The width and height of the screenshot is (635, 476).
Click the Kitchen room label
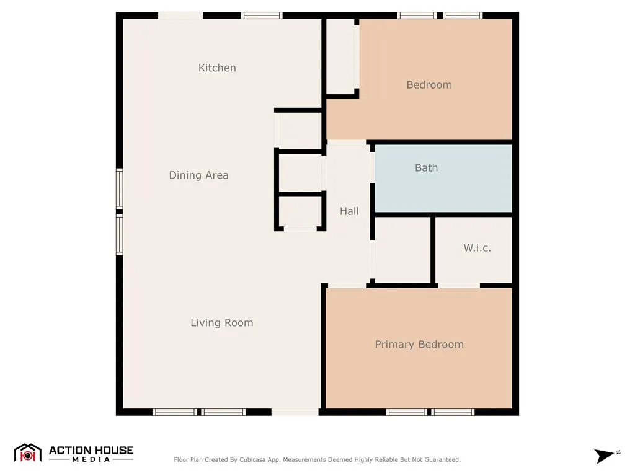(x=217, y=68)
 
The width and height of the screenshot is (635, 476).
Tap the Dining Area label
(x=198, y=175)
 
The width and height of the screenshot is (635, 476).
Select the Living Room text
(x=221, y=322)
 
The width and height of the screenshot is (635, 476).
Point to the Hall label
(x=349, y=211)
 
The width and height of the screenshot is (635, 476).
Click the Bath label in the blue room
(x=426, y=167)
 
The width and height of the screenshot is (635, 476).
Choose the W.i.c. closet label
(x=477, y=248)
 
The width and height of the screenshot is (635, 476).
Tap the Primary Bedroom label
(x=419, y=345)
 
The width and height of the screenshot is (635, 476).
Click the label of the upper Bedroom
(x=429, y=85)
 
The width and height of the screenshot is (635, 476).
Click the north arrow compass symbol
(x=605, y=456)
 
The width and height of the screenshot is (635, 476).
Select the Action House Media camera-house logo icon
(x=27, y=453)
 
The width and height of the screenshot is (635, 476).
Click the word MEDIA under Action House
(x=91, y=460)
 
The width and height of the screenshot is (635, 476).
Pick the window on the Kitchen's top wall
(x=262, y=15)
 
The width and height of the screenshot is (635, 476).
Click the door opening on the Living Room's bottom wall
(x=295, y=412)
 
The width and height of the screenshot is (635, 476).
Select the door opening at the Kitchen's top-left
(x=180, y=15)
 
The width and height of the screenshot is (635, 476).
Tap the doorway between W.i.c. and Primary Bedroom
(x=459, y=285)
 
